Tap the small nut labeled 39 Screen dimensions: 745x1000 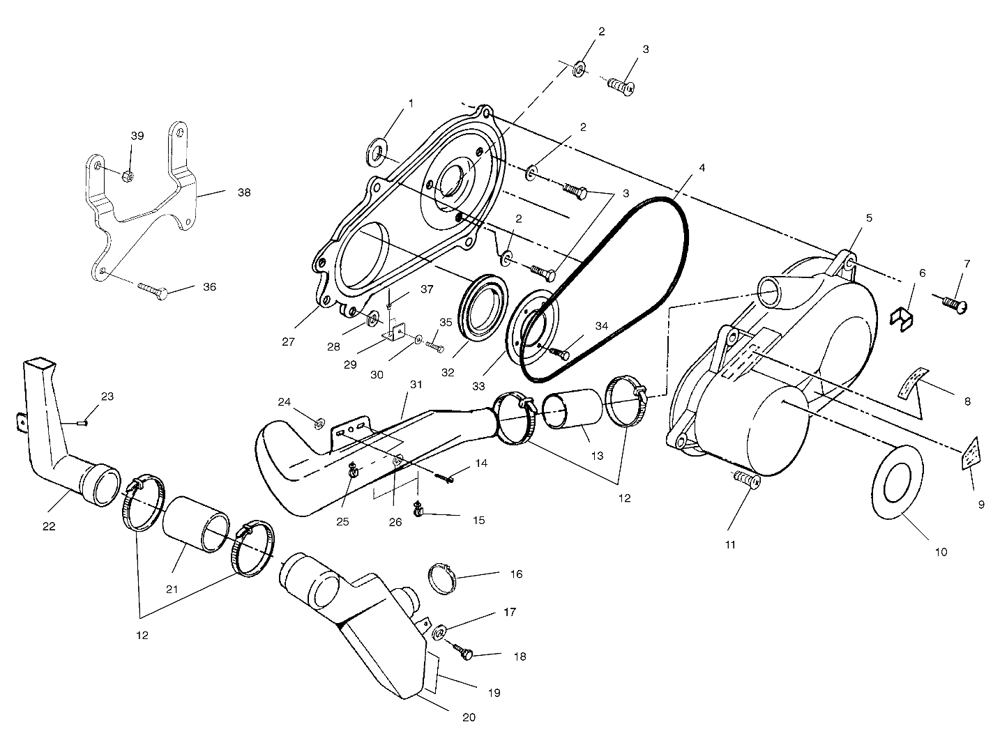coord(128,175)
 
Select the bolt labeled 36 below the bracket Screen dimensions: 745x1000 coord(153,289)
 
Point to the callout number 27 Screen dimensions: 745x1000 coord(288,342)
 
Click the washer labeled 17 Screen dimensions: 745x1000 coord(439,633)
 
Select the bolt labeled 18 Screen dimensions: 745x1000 coord(464,653)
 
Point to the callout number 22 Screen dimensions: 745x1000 coord(48,526)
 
